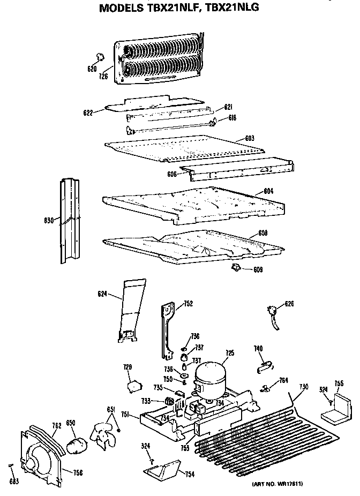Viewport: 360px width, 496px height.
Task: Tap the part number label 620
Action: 92,69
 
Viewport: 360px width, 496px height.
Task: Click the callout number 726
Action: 104,76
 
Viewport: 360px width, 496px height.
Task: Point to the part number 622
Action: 88,112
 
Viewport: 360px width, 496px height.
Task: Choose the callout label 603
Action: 249,138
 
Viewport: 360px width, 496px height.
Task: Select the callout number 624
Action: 103,294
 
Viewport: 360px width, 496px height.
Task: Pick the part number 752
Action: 188,304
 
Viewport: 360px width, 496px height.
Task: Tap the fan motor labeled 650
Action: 77,444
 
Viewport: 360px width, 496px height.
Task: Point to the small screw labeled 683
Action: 11,467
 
